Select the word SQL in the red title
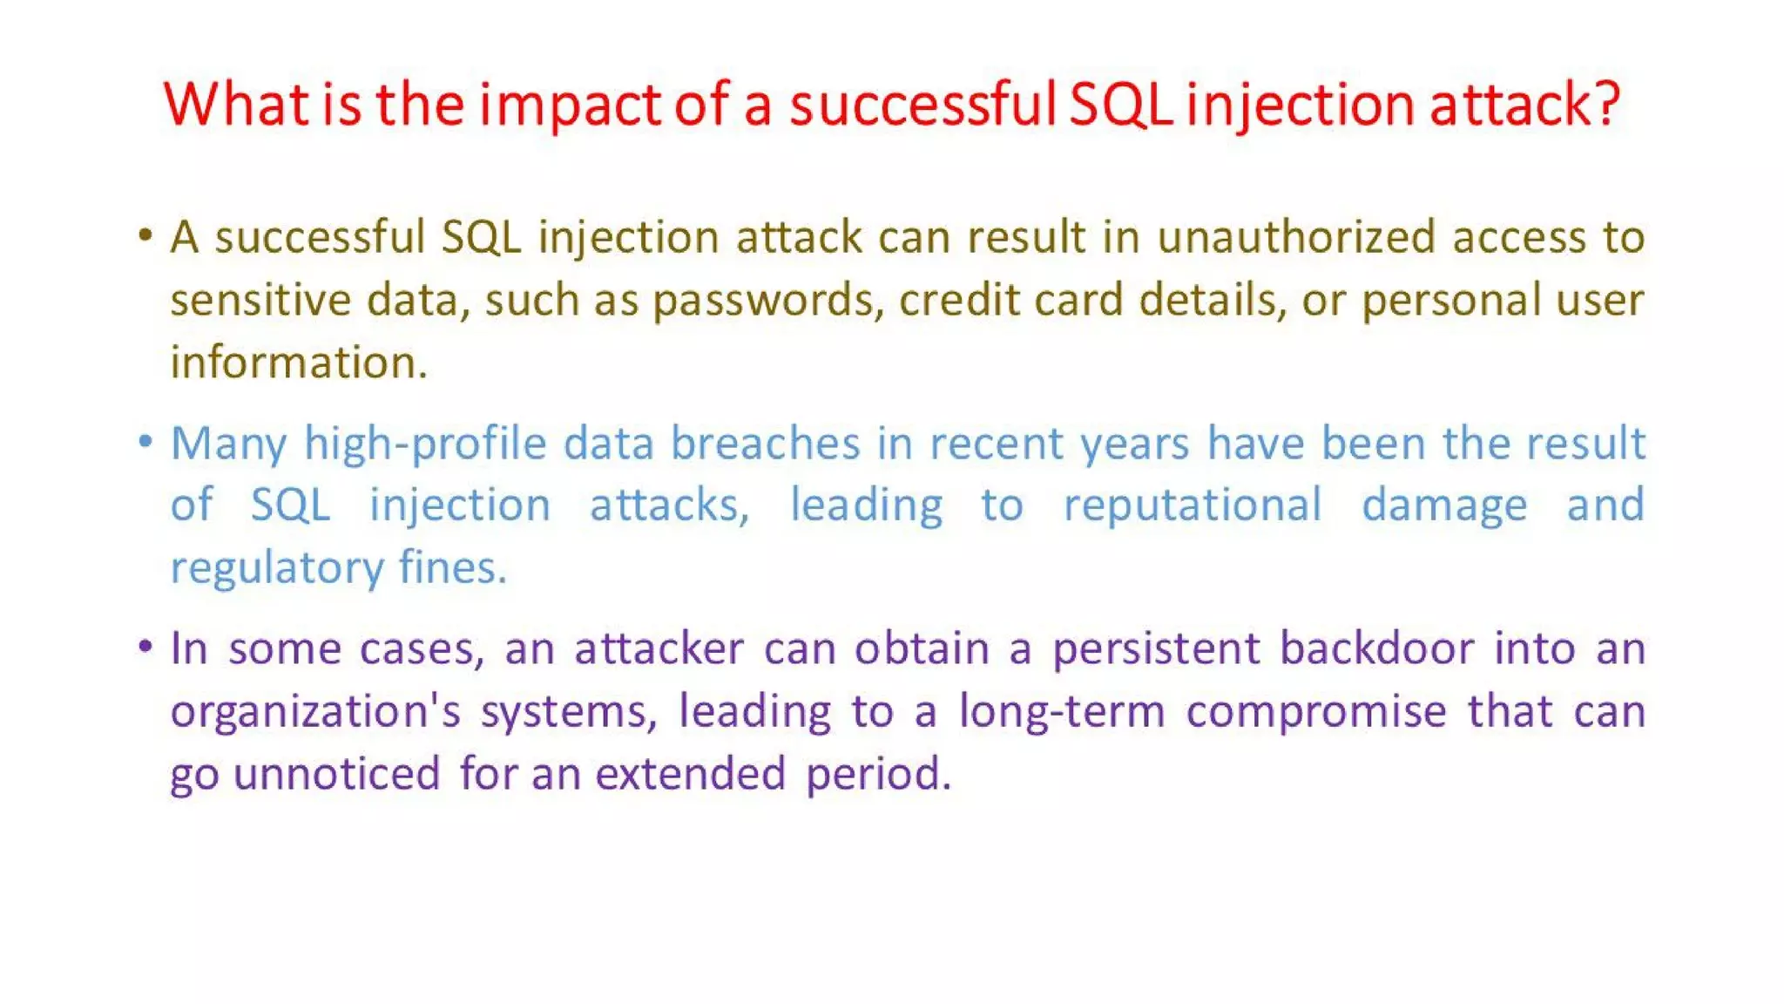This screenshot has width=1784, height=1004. (1120, 105)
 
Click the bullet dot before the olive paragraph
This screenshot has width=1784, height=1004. (145, 235)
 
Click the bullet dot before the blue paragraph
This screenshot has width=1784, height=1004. (145, 441)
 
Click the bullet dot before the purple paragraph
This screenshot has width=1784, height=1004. (145, 647)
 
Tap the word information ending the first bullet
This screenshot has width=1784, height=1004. (298, 363)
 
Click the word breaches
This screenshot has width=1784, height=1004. (765, 443)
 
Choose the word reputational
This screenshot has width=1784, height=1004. (1193, 505)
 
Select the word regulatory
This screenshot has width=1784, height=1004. (276, 569)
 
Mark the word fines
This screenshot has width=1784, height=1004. (452, 567)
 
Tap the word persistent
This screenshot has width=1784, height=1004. (1156, 649)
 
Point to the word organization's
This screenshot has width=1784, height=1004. (315, 712)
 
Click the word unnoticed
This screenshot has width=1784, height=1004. (336, 774)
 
